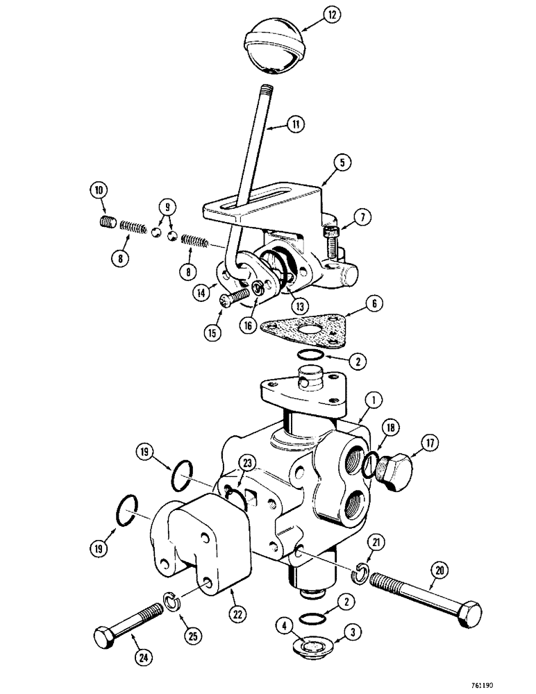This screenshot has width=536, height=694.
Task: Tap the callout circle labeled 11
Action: click(297, 126)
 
